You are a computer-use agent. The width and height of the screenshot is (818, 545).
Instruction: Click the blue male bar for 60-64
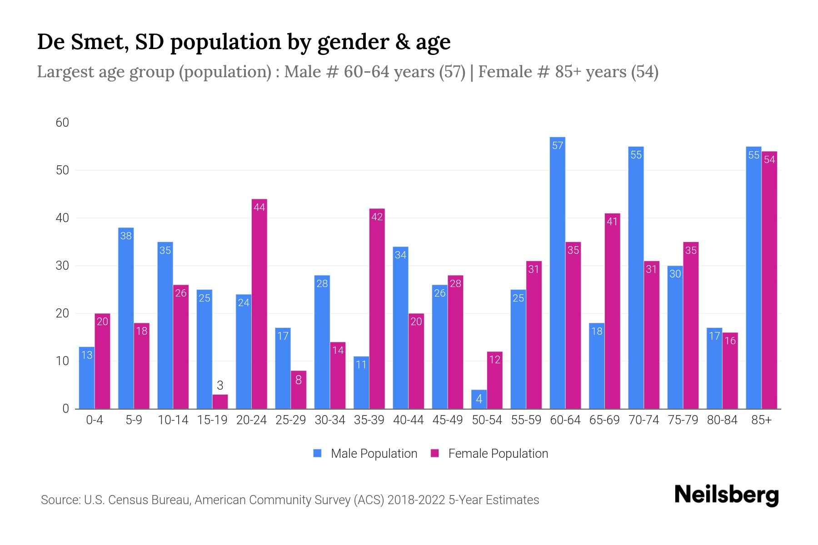click(557, 272)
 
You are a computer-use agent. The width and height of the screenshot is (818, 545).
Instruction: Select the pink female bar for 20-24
click(259, 304)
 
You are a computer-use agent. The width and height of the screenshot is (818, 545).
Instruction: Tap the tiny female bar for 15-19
click(220, 401)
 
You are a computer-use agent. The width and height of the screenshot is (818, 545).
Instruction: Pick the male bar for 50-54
click(479, 399)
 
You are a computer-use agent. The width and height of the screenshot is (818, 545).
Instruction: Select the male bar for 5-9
click(126, 318)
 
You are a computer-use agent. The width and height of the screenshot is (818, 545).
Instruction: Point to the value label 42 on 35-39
click(377, 217)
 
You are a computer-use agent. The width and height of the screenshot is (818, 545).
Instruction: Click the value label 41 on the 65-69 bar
click(612, 222)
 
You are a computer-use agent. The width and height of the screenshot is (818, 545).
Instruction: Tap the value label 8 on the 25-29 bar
click(298, 380)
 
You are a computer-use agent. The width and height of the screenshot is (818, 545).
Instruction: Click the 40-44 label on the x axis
click(408, 420)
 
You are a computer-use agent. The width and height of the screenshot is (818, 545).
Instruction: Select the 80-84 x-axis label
click(722, 420)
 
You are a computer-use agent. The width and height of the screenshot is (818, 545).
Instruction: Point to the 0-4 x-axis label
click(95, 420)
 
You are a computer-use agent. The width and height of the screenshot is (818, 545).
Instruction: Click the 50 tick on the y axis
click(62, 170)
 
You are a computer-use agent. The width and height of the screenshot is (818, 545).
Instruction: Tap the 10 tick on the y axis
click(62, 361)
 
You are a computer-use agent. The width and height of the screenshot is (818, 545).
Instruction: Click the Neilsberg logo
click(726, 495)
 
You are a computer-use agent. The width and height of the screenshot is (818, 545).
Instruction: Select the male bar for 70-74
click(636, 277)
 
